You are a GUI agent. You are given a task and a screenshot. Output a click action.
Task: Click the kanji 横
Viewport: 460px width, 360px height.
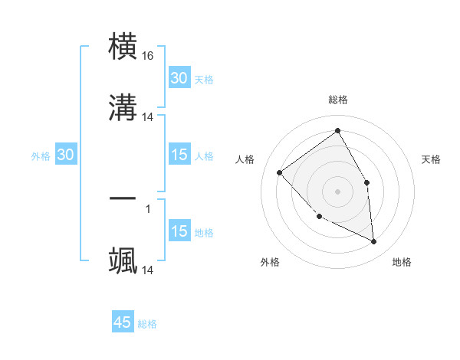click(123, 46)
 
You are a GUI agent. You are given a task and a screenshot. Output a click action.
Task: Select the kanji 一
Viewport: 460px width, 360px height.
click(123, 198)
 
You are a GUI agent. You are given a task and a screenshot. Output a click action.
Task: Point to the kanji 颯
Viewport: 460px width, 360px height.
click(123, 260)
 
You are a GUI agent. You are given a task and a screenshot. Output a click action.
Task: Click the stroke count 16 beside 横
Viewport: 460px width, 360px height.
click(148, 56)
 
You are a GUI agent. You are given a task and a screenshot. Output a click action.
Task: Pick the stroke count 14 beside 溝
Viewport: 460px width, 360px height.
click(148, 116)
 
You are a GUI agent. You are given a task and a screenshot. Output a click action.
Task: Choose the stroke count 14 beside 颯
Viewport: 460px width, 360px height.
click(148, 270)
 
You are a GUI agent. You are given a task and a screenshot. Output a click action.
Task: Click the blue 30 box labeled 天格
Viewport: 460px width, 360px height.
click(179, 77)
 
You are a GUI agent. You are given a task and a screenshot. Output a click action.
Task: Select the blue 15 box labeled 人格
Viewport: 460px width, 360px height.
click(179, 155)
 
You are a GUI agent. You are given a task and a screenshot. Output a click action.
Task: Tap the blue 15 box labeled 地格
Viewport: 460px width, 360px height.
click(179, 231)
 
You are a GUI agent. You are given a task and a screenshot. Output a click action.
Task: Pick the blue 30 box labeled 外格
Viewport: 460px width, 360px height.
click(66, 155)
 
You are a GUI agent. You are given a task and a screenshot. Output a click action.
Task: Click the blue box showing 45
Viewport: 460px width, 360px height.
click(123, 322)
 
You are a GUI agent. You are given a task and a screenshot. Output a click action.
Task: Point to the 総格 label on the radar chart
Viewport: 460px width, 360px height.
click(337, 100)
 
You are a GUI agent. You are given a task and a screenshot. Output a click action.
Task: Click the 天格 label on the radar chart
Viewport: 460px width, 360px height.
click(431, 159)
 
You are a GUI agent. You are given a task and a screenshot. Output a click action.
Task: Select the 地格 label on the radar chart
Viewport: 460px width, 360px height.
click(402, 262)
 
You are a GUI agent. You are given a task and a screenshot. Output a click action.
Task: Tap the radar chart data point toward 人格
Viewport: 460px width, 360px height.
click(280, 172)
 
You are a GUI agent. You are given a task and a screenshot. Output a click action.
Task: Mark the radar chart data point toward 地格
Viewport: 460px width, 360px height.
click(373, 242)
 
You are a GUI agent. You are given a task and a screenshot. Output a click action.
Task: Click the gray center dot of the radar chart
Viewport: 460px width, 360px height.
click(337, 191)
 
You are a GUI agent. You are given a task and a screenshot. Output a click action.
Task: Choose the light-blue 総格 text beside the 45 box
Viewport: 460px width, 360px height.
click(147, 324)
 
